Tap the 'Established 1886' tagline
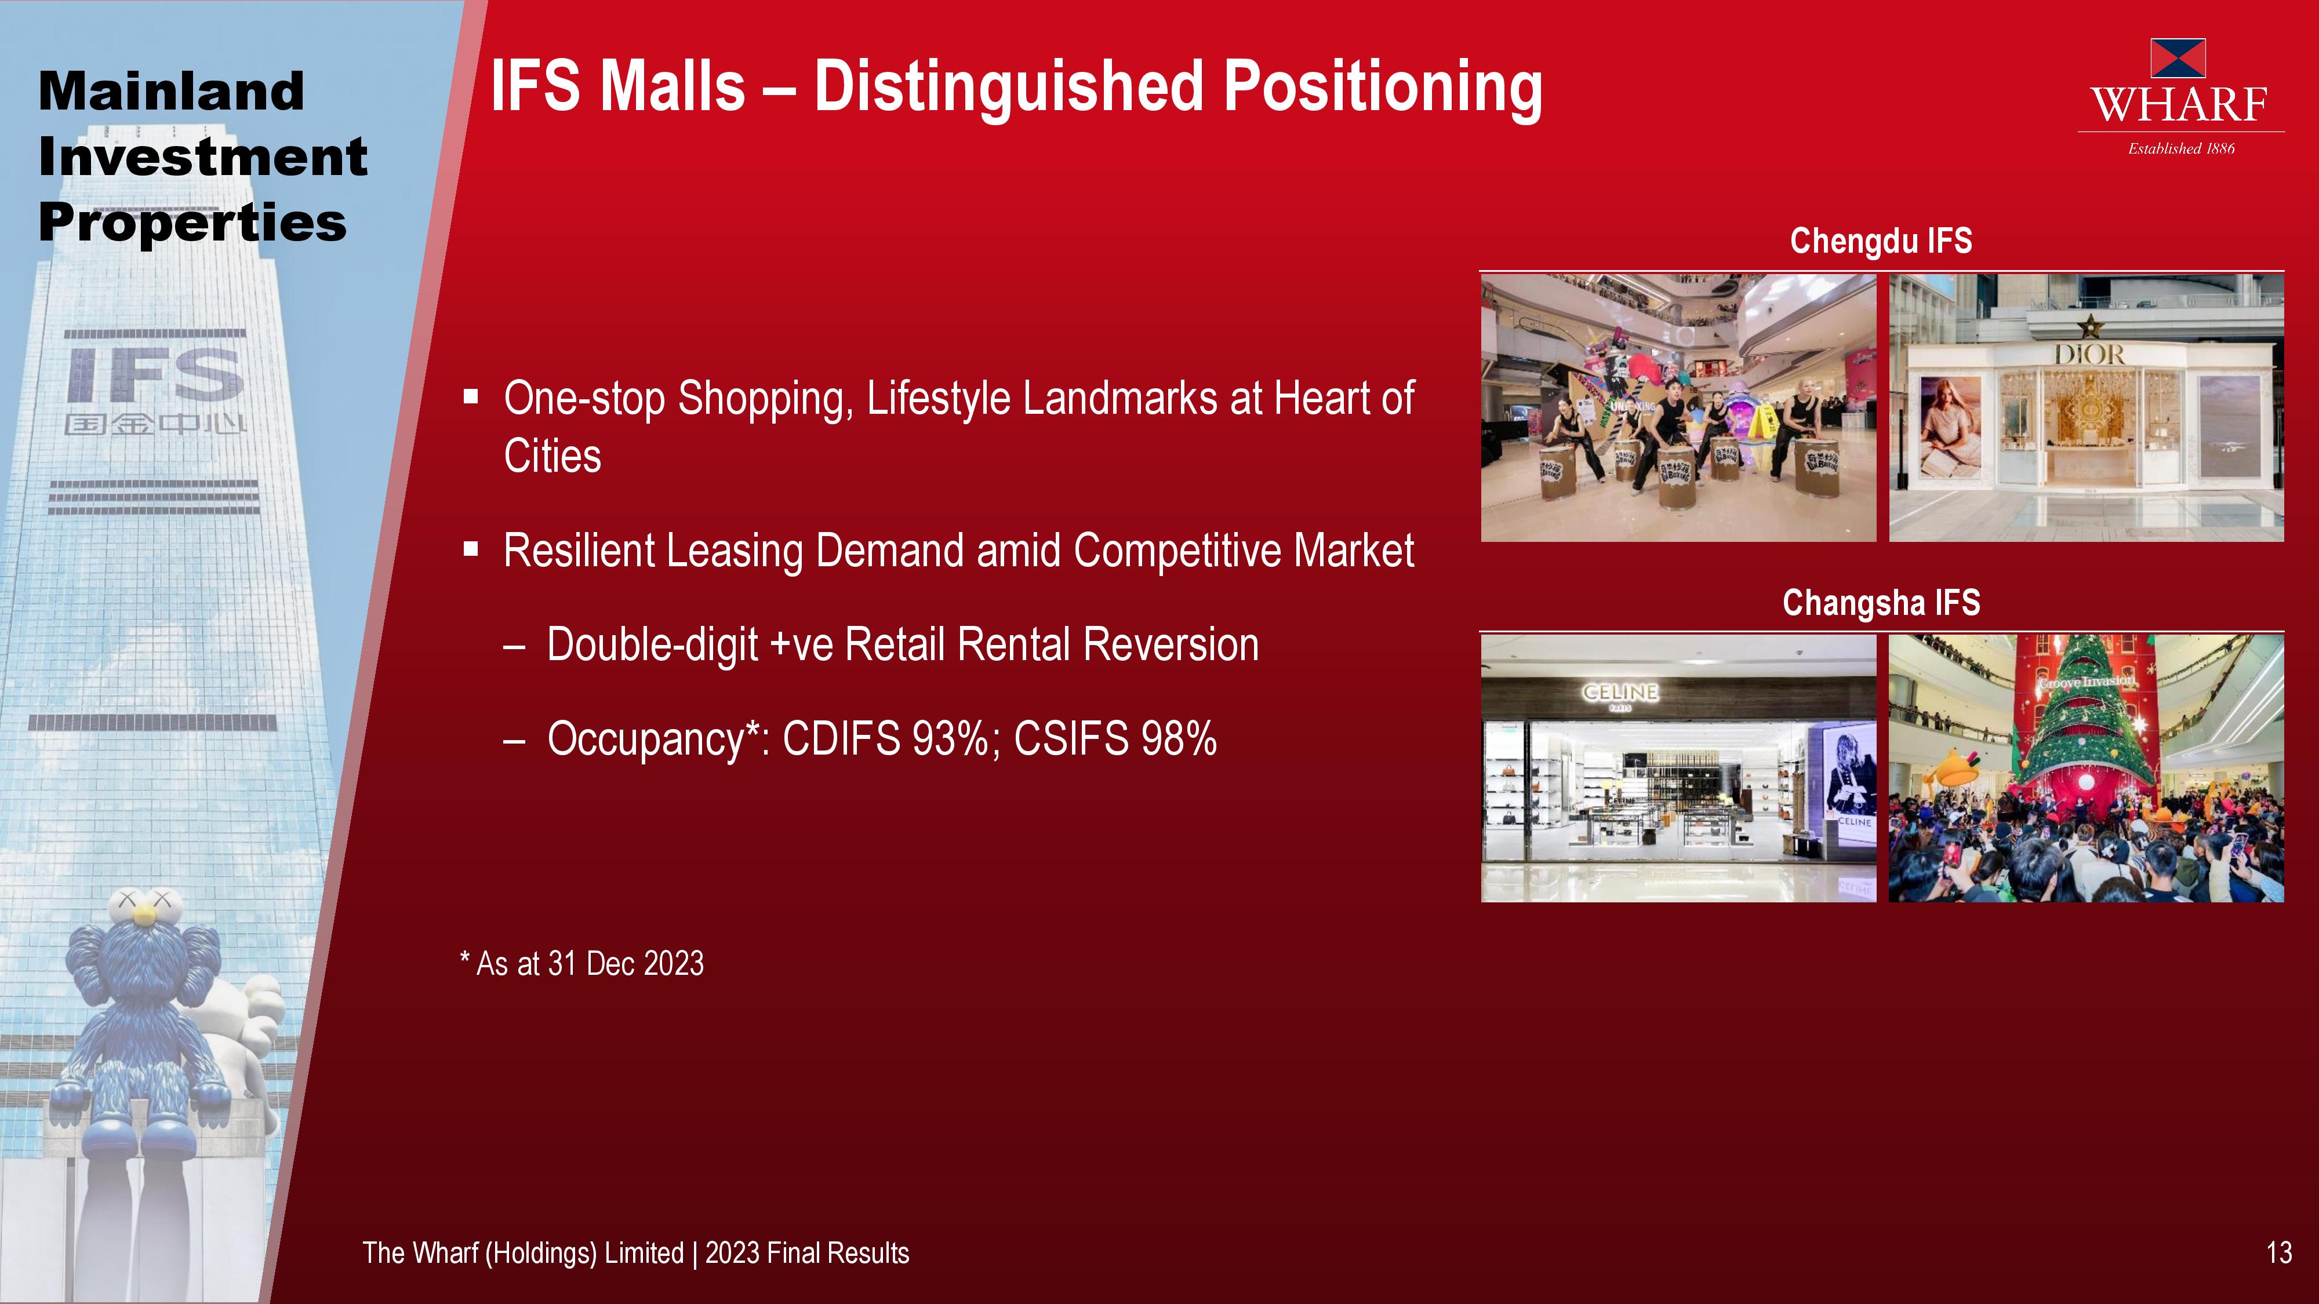pyautogui.click(x=2181, y=148)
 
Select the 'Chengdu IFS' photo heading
pyautogui.click(x=1881, y=241)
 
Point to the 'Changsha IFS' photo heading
pyautogui.click(x=1881, y=602)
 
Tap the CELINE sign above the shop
pyautogui.click(x=1620, y=692)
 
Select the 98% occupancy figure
pyautogui.click(x=1179, y=739)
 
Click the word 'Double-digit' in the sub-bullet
pyautogui.click(x=653, y=645)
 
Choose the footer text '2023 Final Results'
pyautogui.click(x=806, y=1252)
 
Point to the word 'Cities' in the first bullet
pyautogui.click(x=553, y=456)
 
